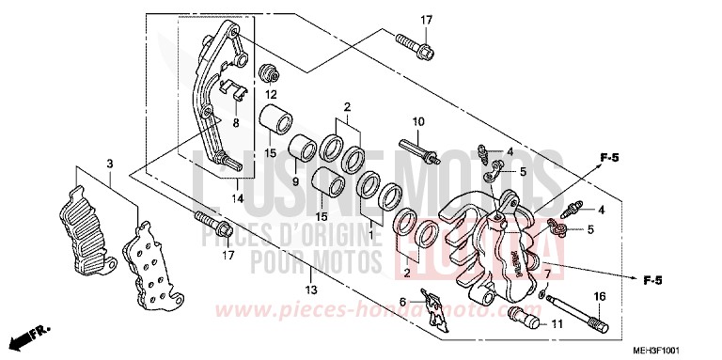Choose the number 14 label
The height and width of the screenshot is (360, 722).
[x=237, y=199]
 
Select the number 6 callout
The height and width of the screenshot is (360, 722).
[x=402, y=303]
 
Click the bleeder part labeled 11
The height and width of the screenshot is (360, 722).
[x=527, y=320]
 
